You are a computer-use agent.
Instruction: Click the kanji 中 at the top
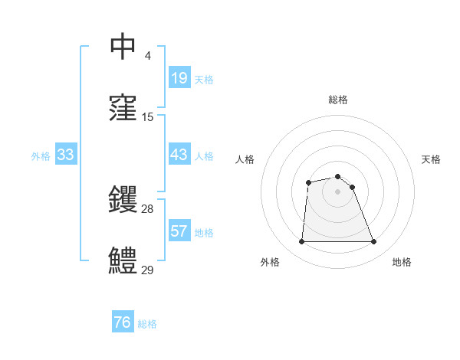click(x=123, y=47)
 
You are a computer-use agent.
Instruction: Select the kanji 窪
click(x=123, y=109)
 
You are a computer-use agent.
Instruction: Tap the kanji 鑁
click(x=123, y=201)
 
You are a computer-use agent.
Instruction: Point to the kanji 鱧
click(x=123, y=262)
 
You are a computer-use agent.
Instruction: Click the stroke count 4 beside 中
click(x=147, y=56)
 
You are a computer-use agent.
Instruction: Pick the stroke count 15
click(x=148, y=117)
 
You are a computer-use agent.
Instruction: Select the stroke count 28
click(x=148, y=209)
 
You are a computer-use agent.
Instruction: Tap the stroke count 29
click(x=148, y=270)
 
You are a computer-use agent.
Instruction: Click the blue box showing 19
click(x=179, y=77)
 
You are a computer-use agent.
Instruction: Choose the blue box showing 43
click(x=179, y=155)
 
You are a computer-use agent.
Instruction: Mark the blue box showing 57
click(x=179, y=231)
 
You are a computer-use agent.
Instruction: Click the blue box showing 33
click(x=65, y=155)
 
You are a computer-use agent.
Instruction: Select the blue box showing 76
click(x=123, y=322)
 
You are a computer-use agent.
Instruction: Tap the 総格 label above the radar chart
click(x=337, y=100)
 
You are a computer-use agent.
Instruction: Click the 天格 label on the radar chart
click(x=431, y=159)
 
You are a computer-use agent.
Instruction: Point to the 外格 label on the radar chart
click(x=270, y=262)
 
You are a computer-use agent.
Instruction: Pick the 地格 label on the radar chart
click(x=402, y=262)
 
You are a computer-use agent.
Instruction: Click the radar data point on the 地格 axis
click(x=374, y=242)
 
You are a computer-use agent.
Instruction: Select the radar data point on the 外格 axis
click(x=301, y=242)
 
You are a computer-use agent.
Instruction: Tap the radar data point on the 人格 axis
click(x=308, y=182)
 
